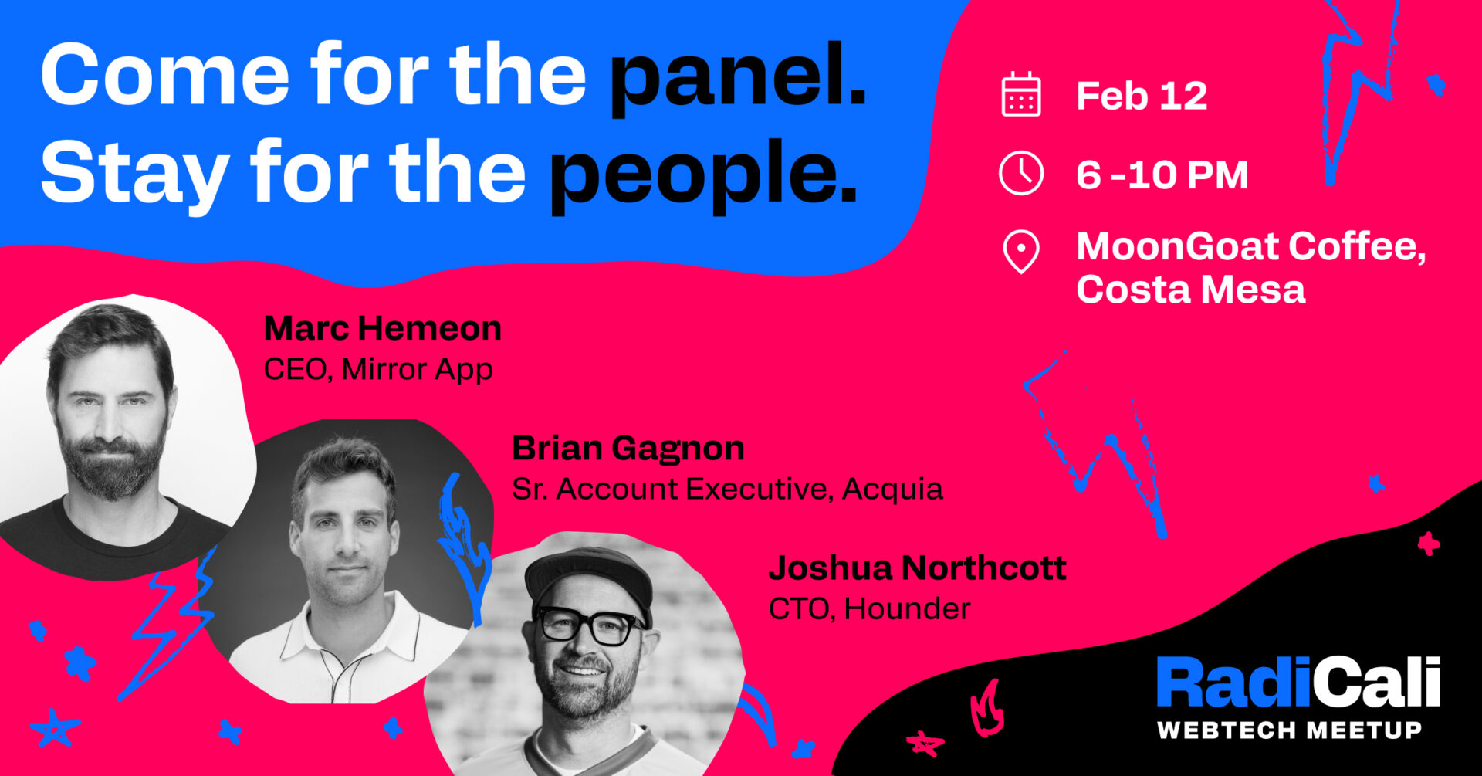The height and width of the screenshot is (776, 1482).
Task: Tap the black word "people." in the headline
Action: (703, 176)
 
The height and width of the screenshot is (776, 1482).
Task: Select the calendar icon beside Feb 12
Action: (1021, 95)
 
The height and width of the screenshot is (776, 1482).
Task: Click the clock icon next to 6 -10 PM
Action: (1021, 174)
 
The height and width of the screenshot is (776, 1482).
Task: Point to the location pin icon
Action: (1021, 252)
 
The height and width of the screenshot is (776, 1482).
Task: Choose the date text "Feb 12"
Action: (1142, 97)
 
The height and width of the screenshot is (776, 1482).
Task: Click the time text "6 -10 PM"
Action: (1162, 175)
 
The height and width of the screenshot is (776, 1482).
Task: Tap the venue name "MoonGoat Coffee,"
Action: (1251, 247)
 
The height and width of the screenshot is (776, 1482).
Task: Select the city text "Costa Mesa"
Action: (1191, 290)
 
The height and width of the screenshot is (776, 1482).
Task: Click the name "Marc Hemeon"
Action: (383, 328)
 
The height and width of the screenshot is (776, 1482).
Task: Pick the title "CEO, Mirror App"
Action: (378, 369)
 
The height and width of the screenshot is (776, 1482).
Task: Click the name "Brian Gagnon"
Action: (628, 449)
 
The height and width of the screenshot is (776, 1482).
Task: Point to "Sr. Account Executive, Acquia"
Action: (727, 490)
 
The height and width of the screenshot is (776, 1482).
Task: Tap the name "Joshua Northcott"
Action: (917, 568)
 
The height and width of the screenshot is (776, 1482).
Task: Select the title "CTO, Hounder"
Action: (869, 609)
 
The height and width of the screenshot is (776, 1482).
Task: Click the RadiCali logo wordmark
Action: (1298, 682)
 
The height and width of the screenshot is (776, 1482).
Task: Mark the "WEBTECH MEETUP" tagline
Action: (1289, 730)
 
